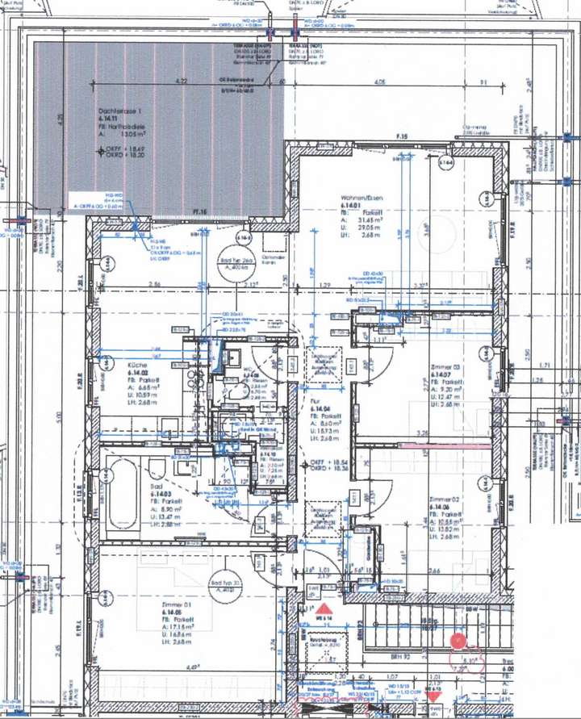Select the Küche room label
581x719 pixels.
[x=137, y=366]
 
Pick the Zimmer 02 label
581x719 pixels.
[x=445, y=500]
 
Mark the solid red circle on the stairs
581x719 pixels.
[x=458, y=641]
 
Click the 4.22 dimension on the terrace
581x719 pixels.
[x=182, y=82]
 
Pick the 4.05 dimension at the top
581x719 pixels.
[x=379, y=82]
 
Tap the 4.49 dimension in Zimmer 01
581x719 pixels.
[x=194, y=667]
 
